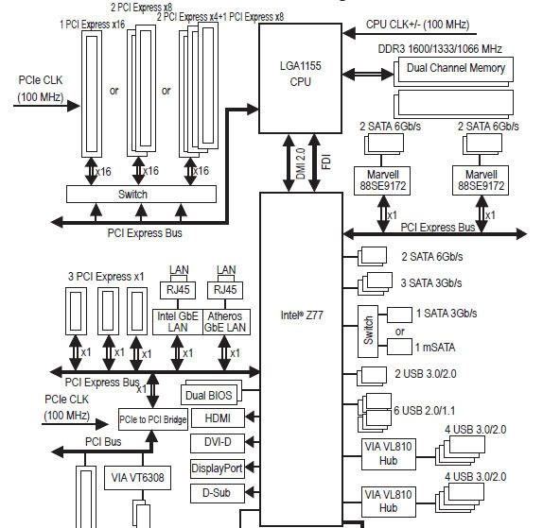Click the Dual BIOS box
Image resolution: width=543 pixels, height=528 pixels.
coord(209,394)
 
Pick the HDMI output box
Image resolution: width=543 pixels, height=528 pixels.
coord(217,418)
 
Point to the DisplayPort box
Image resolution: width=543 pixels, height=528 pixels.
coord(217,468)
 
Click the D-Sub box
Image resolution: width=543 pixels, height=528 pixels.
coord(217,492)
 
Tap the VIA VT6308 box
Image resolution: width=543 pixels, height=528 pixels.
coord(137,478)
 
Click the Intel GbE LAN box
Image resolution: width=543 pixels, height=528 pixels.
coord(176,321)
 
